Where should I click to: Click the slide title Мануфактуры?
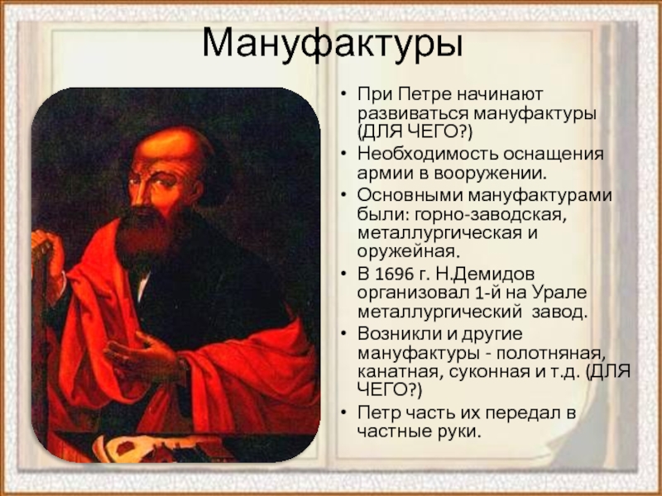click(x=333, y=44)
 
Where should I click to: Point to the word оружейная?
click(x=408, y=252)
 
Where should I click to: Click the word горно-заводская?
click(x=490, y=215)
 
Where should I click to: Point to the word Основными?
click(x=409, y=195)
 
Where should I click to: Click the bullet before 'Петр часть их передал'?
click(x=344, y=412)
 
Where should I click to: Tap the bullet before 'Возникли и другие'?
click(x=344, y=333)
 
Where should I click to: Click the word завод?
click(x=559, y=312)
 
